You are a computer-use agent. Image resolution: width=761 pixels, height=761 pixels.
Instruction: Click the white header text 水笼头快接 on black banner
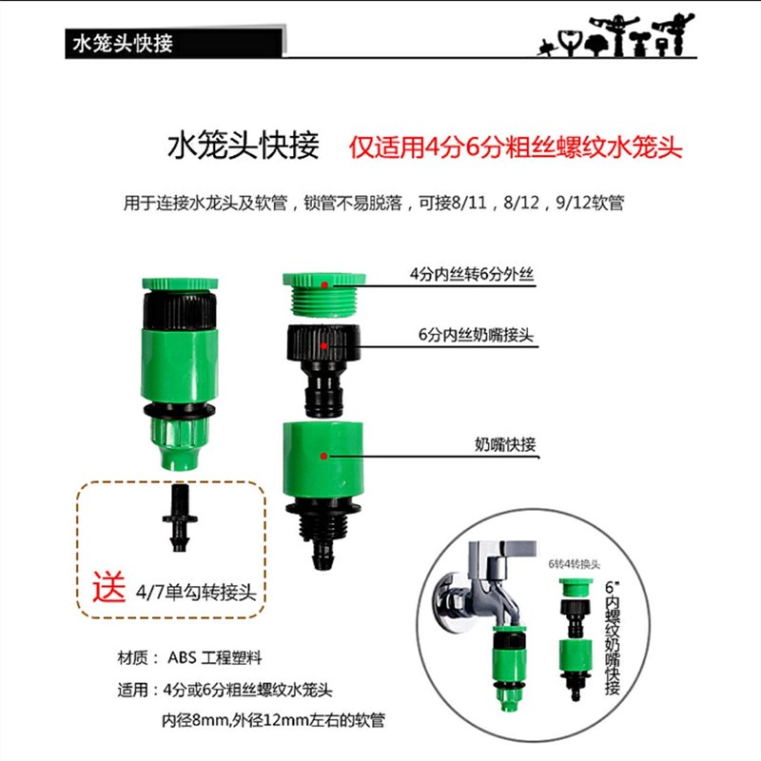coord(123,43)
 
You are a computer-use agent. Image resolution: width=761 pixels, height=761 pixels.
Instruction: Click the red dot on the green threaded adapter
coord(324,283)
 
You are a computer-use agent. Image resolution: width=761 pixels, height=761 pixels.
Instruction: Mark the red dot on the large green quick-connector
coord(324,456)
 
